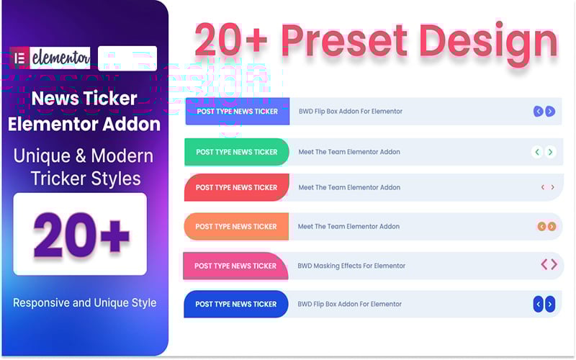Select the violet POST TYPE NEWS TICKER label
pyautogui.click(x=238, y=112)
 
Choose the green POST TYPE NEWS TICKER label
pyautogui.click(x=237, y=152)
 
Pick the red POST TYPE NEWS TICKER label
pyautogui.click(x=236, y=187)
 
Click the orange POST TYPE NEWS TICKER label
pyautogui.click(x=236, y=226)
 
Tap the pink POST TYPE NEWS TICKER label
pyautogui.click(x=235, y=266)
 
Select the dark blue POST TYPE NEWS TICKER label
pyautogui.click(x=236, y=304)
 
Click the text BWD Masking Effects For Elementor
pyautogui.click(x=351, y=266)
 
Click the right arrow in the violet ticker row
pyautogui.click(x=550, y=112)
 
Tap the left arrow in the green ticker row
pyautogui.click(x=537, y=152)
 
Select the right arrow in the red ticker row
pyautogui.click(x=552, y=187)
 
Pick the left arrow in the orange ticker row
pyautogui.click(x=541, y=226)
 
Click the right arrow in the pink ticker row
pyautogui.click(x=554, y=265)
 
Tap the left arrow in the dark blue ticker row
pyautogui.click(x=538, y=304)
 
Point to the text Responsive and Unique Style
pyautogui.click(x=85, y=302)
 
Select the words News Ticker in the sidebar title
pyautogui.click(x=84, y=99)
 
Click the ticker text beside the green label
pyautogui.click(x=349, y=152)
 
